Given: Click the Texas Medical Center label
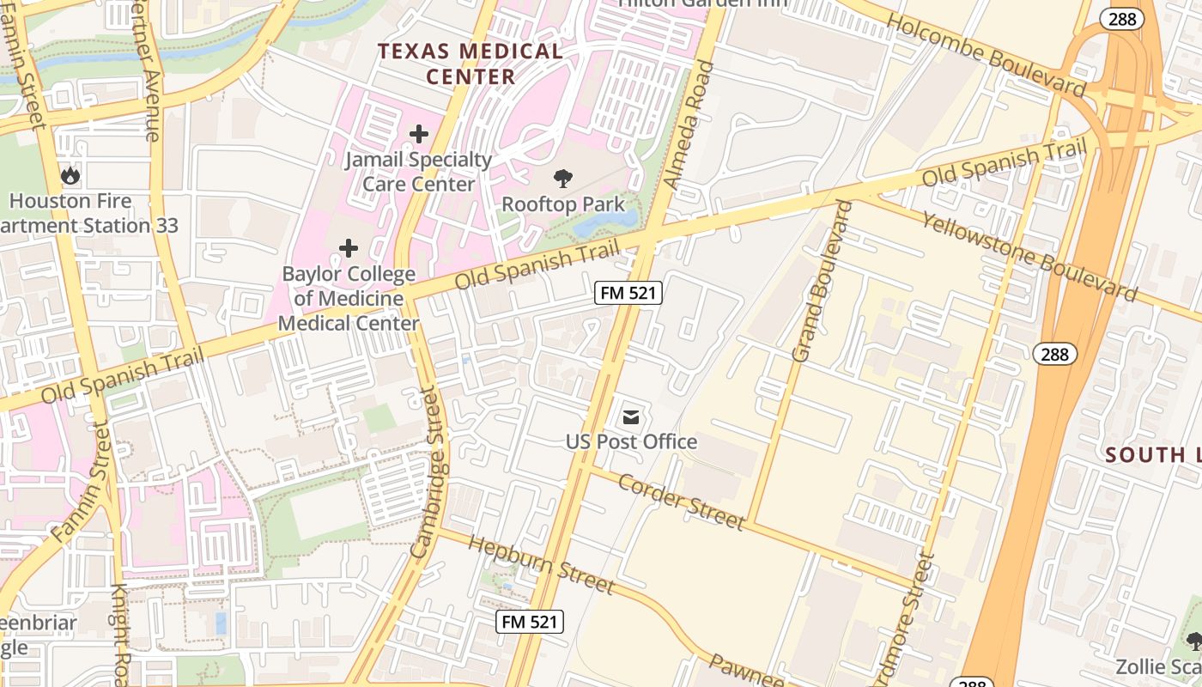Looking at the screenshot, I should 470,64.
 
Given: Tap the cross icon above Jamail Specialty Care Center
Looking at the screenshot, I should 419,134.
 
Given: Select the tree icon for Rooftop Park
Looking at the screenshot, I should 563,179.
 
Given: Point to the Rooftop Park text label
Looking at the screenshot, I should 563,204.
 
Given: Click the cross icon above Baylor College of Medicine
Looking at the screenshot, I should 349,248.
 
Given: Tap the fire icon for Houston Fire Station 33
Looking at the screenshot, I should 70,176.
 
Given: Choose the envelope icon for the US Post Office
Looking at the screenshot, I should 631,417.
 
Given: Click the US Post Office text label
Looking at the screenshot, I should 631,442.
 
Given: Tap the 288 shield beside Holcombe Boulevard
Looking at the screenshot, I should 1122,20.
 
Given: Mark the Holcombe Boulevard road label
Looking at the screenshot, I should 987,57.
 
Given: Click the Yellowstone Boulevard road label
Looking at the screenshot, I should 1029,256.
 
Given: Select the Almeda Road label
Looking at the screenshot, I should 689,125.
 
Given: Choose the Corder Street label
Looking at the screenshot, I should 682,502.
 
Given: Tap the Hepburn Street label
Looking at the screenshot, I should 542,564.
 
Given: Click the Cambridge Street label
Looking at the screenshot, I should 431,473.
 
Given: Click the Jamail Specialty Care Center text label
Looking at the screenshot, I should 419,172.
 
